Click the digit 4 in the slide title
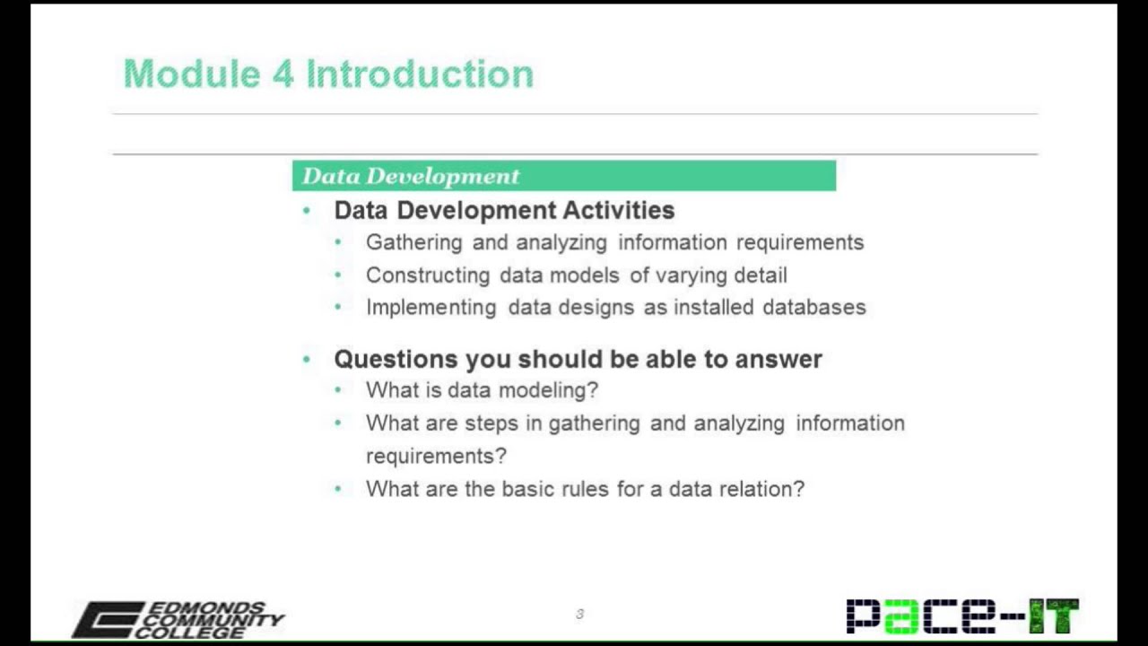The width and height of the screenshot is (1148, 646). point(283,74)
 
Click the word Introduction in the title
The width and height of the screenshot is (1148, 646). point(420,74)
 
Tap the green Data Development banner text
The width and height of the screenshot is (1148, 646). point(411,176)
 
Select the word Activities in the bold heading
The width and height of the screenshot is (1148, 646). point(618,210)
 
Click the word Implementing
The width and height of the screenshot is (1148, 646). point(430,307)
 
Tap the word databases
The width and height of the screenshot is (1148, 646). point(813,307)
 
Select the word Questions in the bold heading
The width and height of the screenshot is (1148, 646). point(396,359)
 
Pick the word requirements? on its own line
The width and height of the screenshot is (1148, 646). point(436,456)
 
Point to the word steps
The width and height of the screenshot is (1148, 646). point(491,423)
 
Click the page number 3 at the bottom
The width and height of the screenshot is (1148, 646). point(579,615)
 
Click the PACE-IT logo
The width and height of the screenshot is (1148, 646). point(962,616)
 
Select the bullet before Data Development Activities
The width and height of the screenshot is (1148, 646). point(307,210)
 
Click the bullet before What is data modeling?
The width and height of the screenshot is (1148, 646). point(338,390)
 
